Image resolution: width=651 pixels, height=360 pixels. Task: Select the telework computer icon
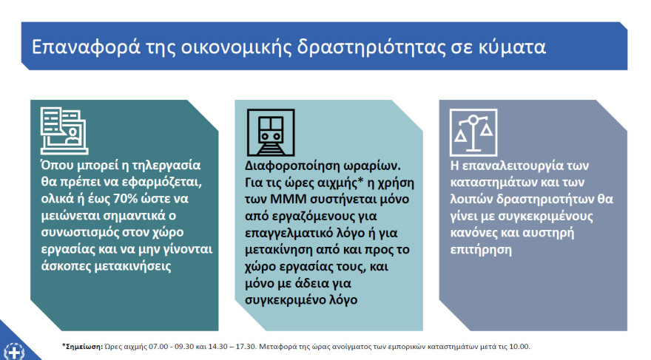pos(64,131)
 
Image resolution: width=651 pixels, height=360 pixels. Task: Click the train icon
pos(271,133)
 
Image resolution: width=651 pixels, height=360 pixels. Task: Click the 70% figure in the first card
pos(125,199)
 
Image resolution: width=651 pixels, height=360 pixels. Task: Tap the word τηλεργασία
pos(166,165)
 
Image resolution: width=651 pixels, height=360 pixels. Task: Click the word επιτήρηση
pos(481,250)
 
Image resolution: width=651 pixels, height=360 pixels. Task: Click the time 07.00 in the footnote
pos(158,346)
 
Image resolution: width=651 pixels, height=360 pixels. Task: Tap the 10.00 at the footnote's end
pos(521,346)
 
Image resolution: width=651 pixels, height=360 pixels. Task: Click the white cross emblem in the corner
pos(15,353)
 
